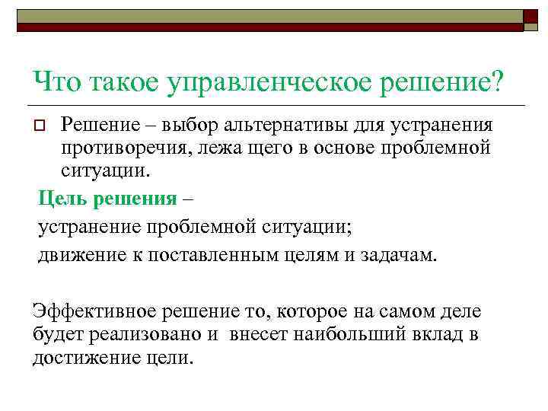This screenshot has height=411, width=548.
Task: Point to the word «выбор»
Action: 200,124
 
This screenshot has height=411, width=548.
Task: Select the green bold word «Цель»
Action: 61,200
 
